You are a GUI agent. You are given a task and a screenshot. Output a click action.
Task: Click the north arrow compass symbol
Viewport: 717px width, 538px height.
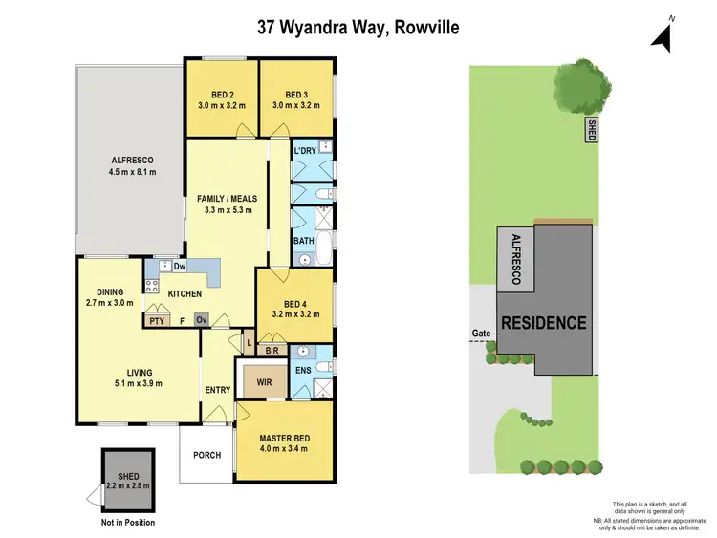point(663,35)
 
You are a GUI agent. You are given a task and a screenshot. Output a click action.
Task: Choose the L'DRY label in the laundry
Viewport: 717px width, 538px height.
point(305,152)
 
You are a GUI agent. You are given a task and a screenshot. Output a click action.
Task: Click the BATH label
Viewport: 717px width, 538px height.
point(304,241)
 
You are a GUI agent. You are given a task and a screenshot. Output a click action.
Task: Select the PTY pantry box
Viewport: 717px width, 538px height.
point(156,321)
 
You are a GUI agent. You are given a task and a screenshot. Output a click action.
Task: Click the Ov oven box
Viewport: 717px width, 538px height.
point(202,321)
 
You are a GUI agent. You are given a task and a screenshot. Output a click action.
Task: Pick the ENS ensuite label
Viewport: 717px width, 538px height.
point(302,369)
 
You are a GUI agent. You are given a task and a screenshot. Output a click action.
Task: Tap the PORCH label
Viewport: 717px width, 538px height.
point(206,455)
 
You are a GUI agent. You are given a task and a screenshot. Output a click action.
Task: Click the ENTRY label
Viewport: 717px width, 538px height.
point(217,390)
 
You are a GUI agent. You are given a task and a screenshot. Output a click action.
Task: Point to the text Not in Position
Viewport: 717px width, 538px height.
point(127,522)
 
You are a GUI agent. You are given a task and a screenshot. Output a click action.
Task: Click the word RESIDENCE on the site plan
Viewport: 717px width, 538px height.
point(544,323)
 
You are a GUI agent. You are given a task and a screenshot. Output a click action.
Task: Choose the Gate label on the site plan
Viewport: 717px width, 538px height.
point(480,334)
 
